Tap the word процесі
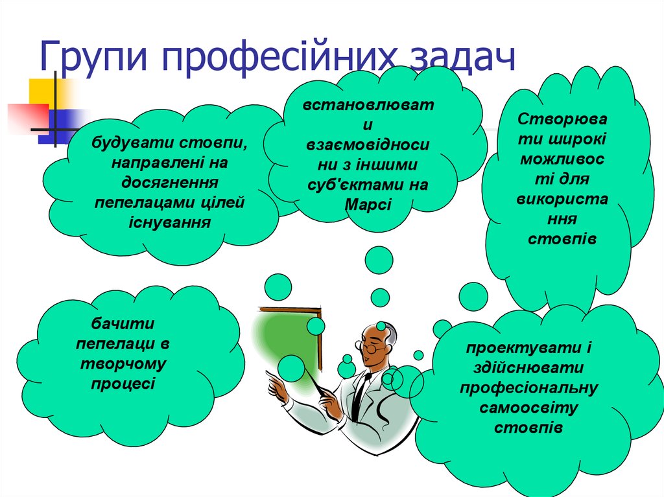click(x=123, y=383)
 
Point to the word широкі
click(x=576, y=139)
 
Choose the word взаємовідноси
click(x=368, y=144)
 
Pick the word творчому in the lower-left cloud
click(x=123, y=363)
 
